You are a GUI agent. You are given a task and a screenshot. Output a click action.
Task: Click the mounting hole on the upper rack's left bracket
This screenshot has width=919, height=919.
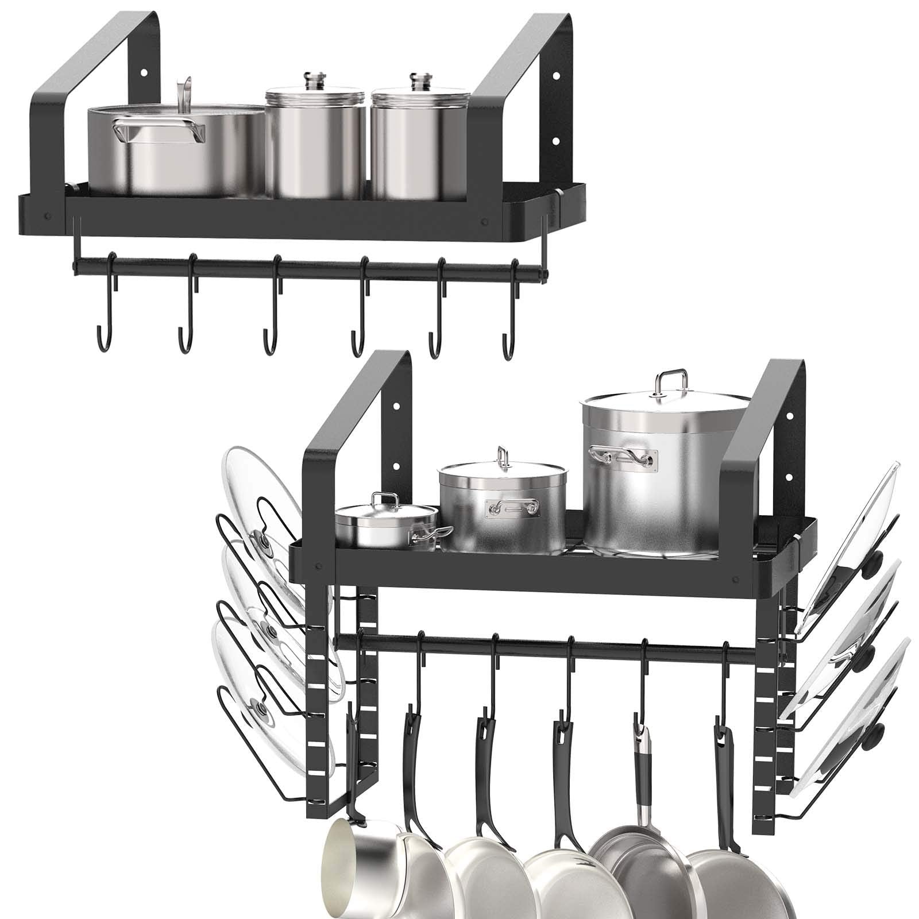coord(144,74)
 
